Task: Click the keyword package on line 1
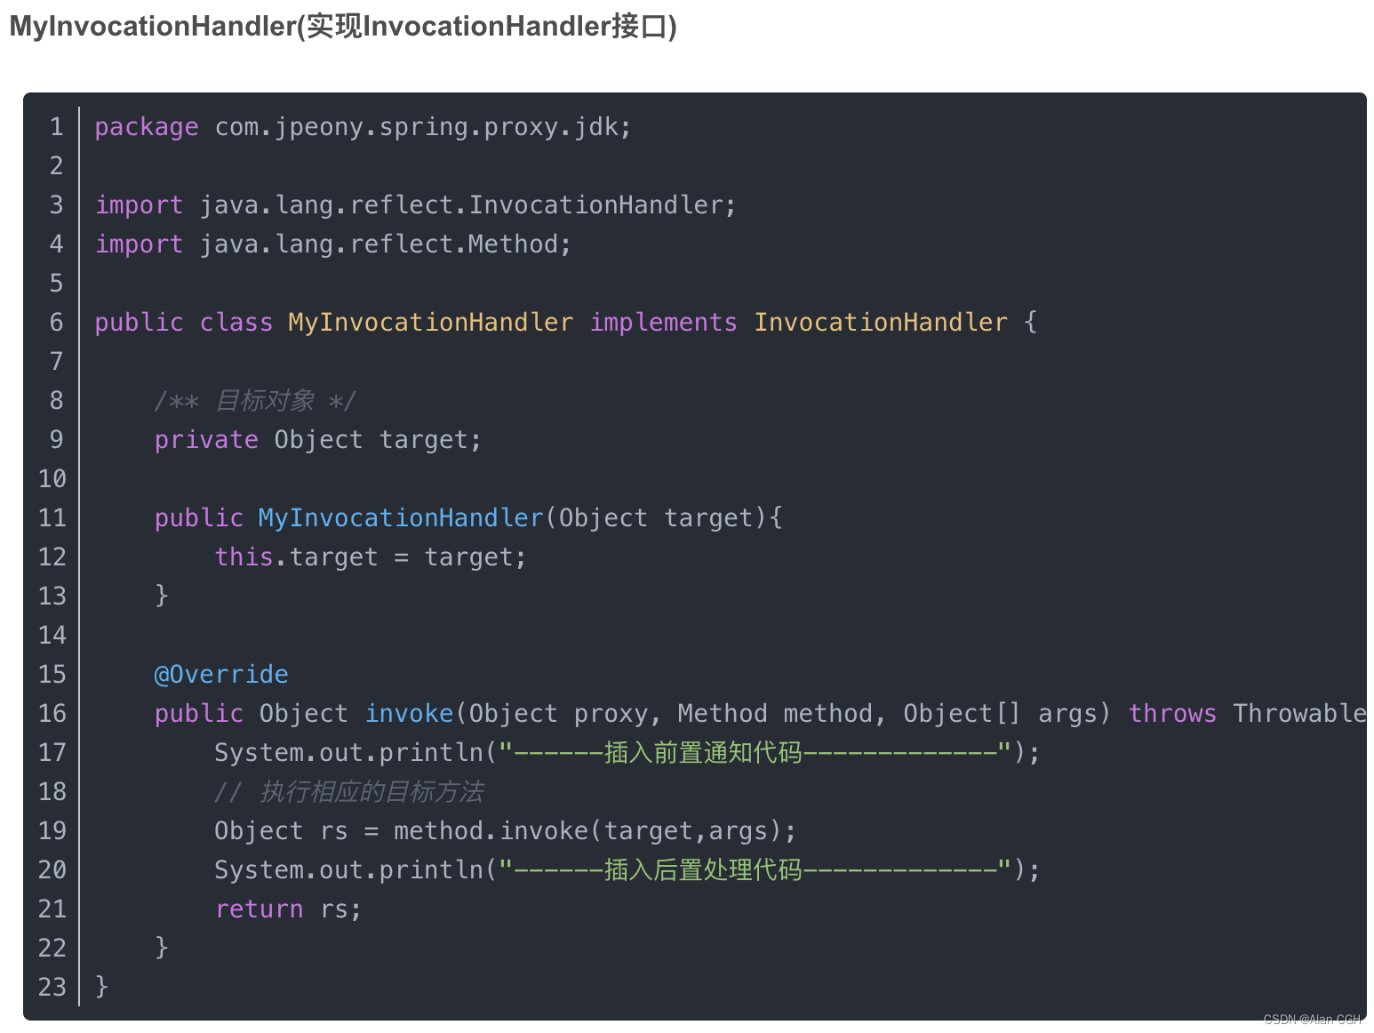tap(146, 127)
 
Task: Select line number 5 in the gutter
tap(56, 284)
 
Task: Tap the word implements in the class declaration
tap(663, 323)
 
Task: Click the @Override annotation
tap(221, 675)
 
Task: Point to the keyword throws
tap(1171, 714)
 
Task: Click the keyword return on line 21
tap(259, 909)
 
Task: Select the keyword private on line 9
tap(206, 440)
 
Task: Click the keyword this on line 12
tap(244, 557)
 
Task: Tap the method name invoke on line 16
tap(409, 714)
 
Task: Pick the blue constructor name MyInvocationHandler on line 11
tap(401, 518)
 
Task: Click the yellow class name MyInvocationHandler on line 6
tap(430, 323)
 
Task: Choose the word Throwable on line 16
tap(1298, 714)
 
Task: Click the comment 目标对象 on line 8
tap(265, 401)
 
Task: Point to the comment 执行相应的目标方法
tap(371, 792)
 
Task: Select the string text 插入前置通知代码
tap(703, 753)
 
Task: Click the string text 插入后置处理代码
tap(703, 870)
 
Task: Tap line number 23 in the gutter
tap(52, 988)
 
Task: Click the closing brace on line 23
tap(101, 986)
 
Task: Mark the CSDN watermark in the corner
tap(1312, 1020)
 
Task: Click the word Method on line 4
tap(512, 244)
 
